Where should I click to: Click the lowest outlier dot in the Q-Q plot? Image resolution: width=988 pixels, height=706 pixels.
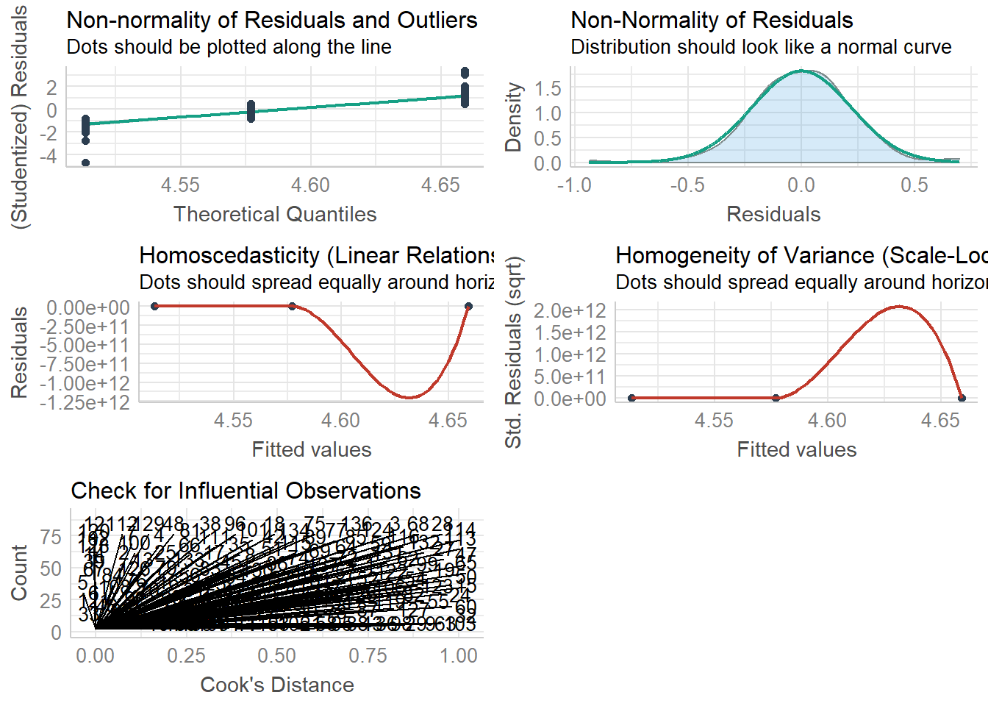click(85, 163)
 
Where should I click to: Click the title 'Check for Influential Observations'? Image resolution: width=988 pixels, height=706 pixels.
click(246, 491)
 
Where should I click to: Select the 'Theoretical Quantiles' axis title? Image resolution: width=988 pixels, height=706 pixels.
click(275, 214)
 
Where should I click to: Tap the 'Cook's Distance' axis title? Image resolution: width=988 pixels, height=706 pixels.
click(277, 685)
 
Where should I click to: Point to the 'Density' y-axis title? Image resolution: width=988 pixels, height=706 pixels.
click(513, 118)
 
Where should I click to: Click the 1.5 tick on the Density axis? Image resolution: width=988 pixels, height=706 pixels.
click(548, 88)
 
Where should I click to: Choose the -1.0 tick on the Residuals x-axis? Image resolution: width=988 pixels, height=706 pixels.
click(574, 185)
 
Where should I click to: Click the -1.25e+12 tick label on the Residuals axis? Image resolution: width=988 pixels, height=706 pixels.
click(85, 402)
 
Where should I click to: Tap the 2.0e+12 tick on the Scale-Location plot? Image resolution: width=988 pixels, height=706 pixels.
click(570, 310)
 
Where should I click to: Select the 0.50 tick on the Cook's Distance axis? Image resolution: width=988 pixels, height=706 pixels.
click(277, 655)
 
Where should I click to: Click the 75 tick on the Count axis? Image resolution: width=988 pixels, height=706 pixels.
click(51, 537)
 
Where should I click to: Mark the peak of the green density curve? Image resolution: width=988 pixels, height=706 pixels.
click(801, 71)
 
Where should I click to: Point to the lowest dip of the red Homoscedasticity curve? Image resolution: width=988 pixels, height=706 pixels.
click(409, 397)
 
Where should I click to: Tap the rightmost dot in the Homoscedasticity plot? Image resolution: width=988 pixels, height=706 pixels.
click(468, 306)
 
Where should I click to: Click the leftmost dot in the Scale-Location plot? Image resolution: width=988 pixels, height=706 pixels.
click(631, 398)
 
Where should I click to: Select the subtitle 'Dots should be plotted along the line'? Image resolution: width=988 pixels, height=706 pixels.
click(229, 47)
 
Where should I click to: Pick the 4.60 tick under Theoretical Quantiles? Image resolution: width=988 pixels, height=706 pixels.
click(310, 185)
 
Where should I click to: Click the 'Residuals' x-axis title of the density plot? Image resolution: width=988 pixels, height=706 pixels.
click(773, 214)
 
